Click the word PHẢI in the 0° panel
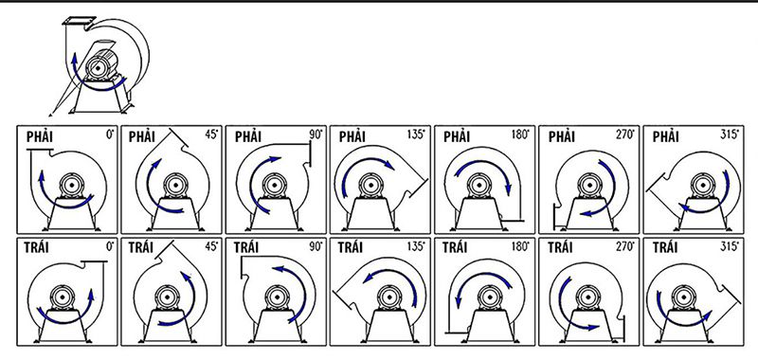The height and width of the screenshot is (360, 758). (x=40, y=137)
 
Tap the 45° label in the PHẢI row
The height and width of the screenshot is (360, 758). (x=211, y=135)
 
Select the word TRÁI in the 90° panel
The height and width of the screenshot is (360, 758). (x=247, y=247)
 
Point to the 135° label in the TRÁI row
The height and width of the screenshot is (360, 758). (x=415, y=246)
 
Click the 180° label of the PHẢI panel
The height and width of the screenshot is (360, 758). (x=520, y=135)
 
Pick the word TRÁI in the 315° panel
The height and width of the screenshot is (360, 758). (x=665, y=247)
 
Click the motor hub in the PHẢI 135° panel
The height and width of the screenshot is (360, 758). (x=371, y=185)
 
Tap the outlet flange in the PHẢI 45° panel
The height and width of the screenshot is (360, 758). (x=178, y=139)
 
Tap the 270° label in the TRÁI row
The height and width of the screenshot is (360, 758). (x=624, y=246)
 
